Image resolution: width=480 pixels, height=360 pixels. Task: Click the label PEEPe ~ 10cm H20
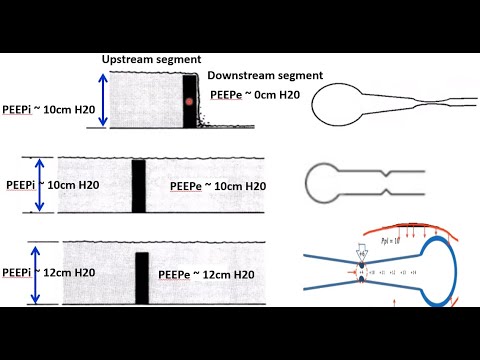click(218, 186)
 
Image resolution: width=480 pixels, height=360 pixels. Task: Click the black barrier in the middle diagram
click(139, 184)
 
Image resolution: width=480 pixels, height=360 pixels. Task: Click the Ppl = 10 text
click(395, 241)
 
